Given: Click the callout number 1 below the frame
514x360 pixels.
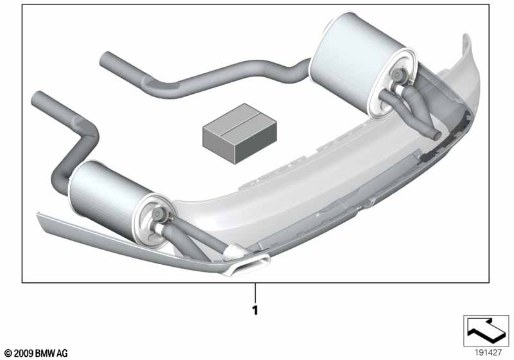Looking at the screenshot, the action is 255,310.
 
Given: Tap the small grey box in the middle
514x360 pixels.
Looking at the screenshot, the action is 240,133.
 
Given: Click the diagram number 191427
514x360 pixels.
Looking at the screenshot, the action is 488,353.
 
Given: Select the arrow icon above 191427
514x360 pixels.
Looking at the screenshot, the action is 486,330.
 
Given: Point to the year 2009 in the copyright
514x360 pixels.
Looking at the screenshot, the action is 23,354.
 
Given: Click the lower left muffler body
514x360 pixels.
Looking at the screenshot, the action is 108,197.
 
